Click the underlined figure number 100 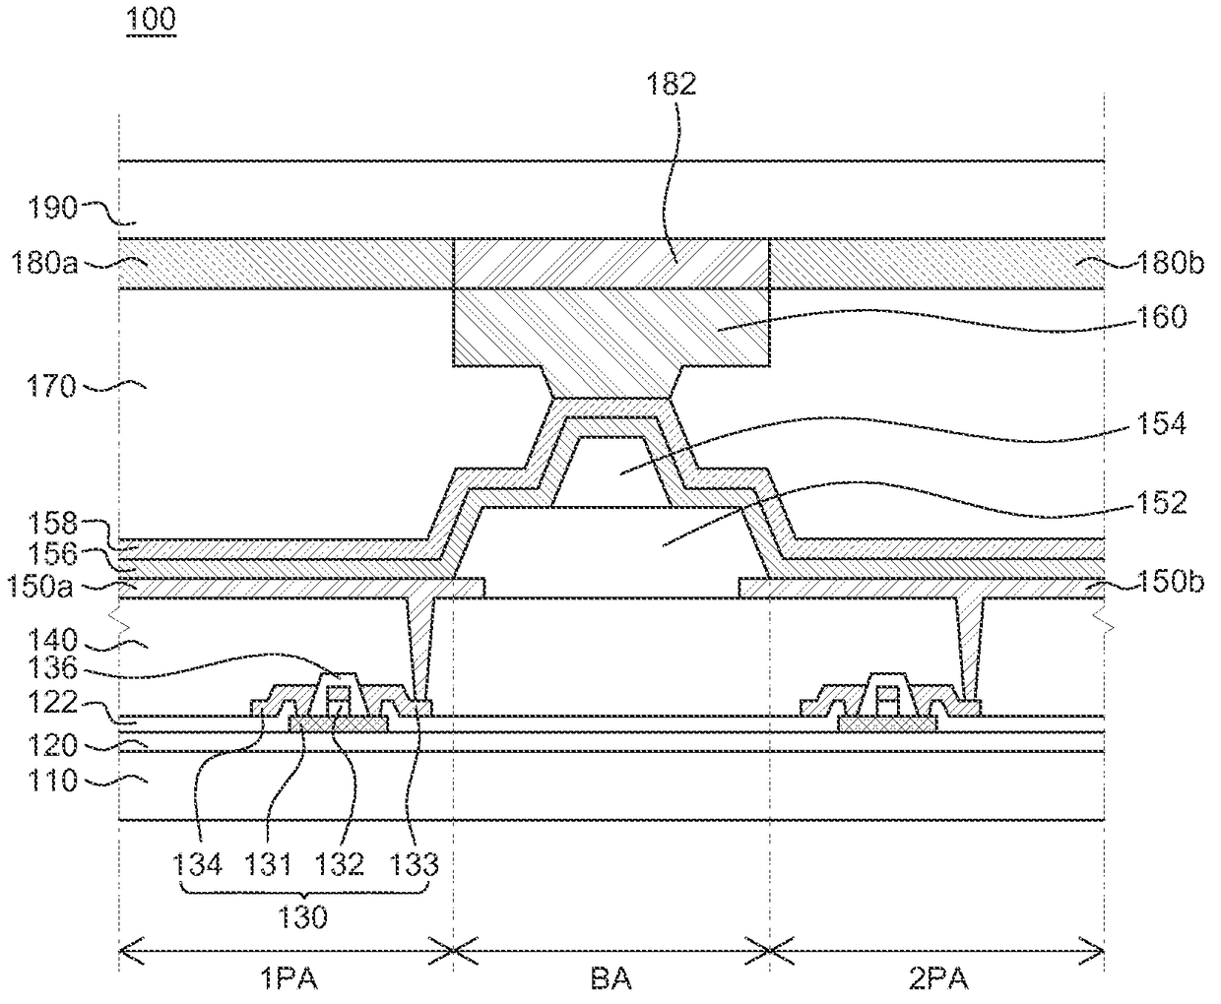[151, 19]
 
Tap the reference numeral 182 [671, 85]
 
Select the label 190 [53, 208]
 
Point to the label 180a [44, 263]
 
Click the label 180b [1171, 263]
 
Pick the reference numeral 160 [1162, 317]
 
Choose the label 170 [51, 387]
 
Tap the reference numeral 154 [1161, 424]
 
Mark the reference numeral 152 [1161, 503]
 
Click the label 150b [1171, 582]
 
